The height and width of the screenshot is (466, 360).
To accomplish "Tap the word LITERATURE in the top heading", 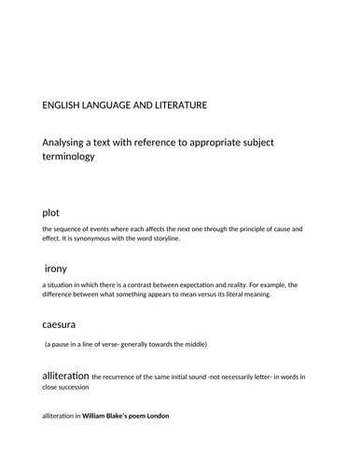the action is pyautogui.click(x=174, y=105).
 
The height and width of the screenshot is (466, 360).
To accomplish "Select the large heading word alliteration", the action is pyautogui.click(x=64, y=375).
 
